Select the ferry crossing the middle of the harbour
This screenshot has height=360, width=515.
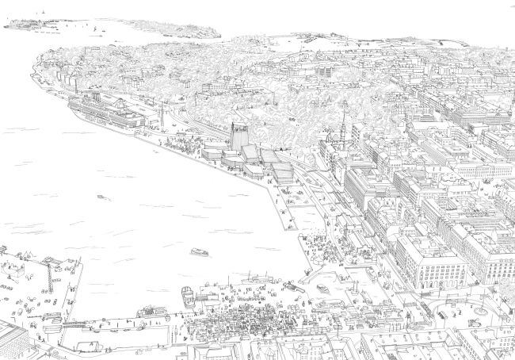click(x=199, y=252)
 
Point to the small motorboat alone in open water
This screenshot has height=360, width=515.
click(x=101, y=197)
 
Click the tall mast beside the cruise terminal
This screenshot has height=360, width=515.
click(x=162, y=116)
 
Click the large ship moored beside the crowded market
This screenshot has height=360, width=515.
click(x=188, y=298)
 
